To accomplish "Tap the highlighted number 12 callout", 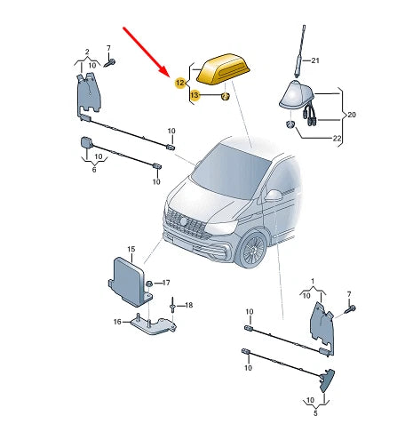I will click(180, 83).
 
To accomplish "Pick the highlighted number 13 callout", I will click(195, 95).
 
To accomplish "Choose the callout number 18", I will click(187, 305).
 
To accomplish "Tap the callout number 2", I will click(86, 52).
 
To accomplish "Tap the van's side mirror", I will click(274, 194).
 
